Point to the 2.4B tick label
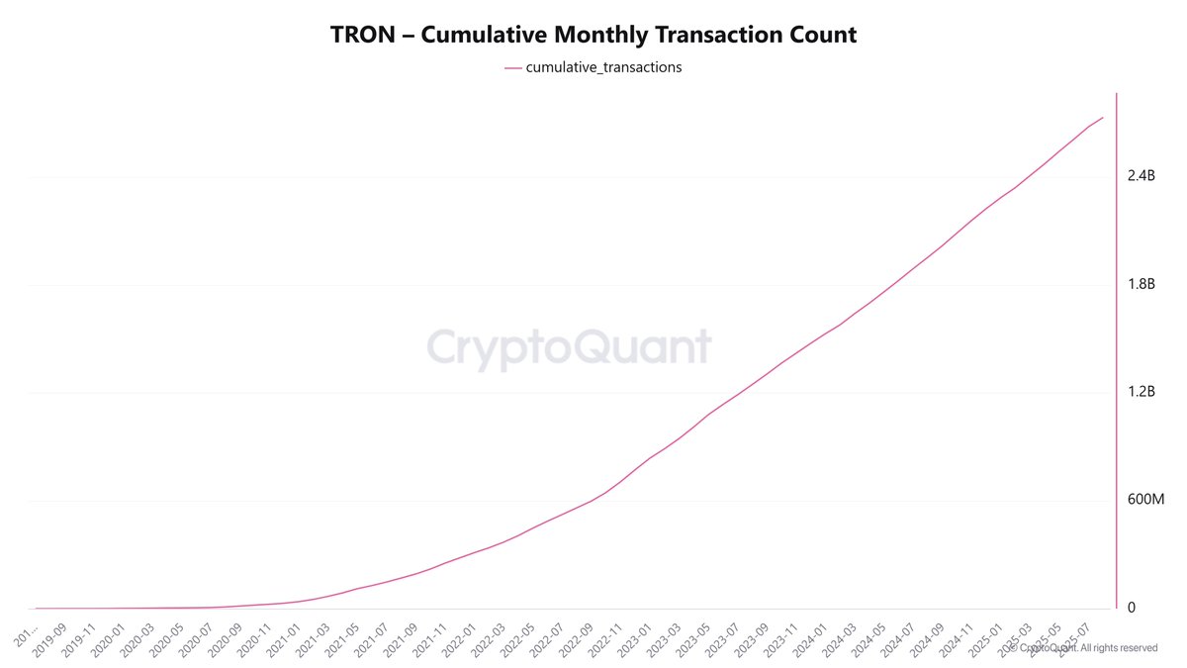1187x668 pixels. coord(1141,176)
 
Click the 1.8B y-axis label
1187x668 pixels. coord(1141,285)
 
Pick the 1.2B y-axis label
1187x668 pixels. coord(1141,392)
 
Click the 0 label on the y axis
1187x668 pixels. coord(1132,608)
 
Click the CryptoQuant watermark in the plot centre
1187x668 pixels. coord(569,348)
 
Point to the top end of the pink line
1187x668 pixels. coord(1103,118)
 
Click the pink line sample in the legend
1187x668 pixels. coord(512,68)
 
